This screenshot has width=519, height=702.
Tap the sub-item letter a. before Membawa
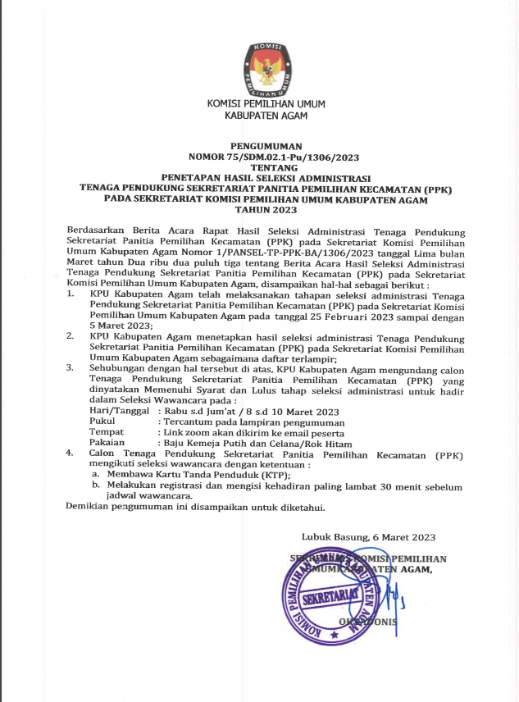(x=95, y=475)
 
